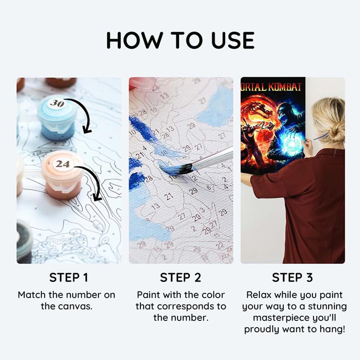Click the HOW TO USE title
pyautogui.click(x=180, y=40)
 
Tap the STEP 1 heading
pyautogui.click(x=68, y=278)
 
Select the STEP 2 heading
pyautogui.click(x=181, y=278)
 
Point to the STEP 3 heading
pyautogui.click(x=292, y=278)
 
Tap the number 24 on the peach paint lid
pyautogui.click(x=62, y=164)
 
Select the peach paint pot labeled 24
pyautogui.click(x=63, y=180)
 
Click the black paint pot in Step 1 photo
pyautogui.click(x=24, y=241)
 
